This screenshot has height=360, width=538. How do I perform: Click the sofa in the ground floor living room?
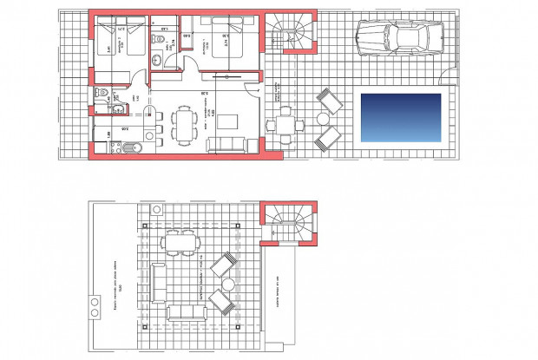226,145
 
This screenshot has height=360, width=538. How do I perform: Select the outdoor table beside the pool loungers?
285,124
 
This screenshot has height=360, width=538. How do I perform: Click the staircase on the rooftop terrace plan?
290,224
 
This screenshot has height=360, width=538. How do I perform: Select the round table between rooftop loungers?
228,283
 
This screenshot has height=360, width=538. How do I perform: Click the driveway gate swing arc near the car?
449,61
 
